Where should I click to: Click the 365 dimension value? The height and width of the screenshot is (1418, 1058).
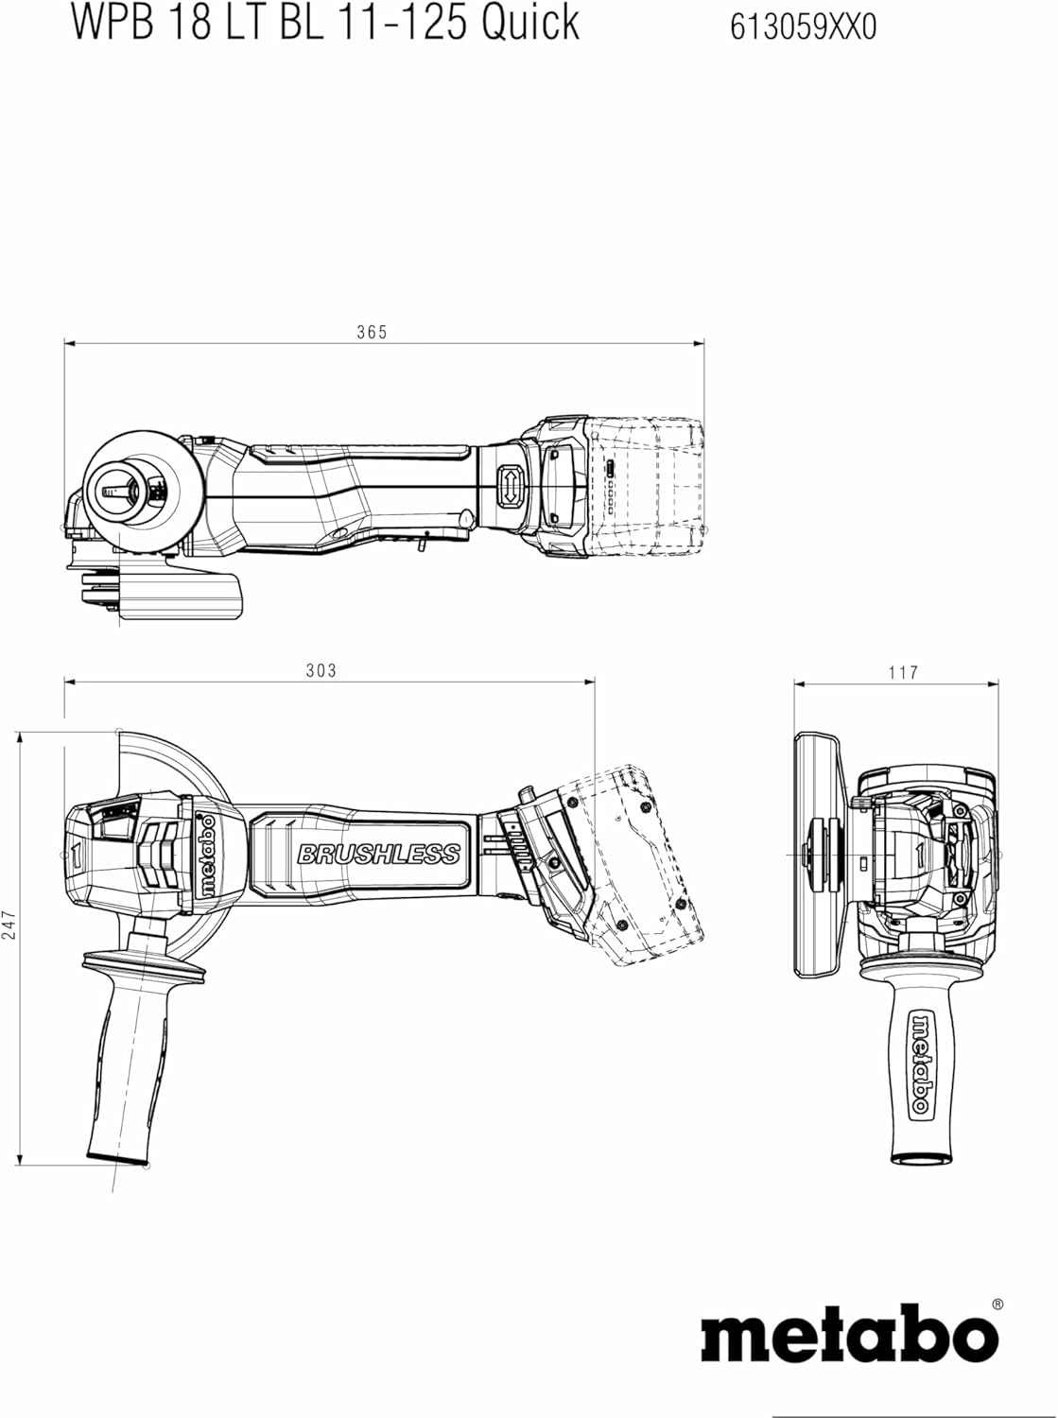click(372, 332)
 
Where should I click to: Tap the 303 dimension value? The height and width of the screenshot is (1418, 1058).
click(321, 670)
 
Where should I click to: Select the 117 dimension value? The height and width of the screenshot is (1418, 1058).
click(903, 672)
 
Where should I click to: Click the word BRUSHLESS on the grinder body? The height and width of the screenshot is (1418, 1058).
click(378, 854)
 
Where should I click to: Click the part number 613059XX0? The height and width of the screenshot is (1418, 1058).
click(804, 27)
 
